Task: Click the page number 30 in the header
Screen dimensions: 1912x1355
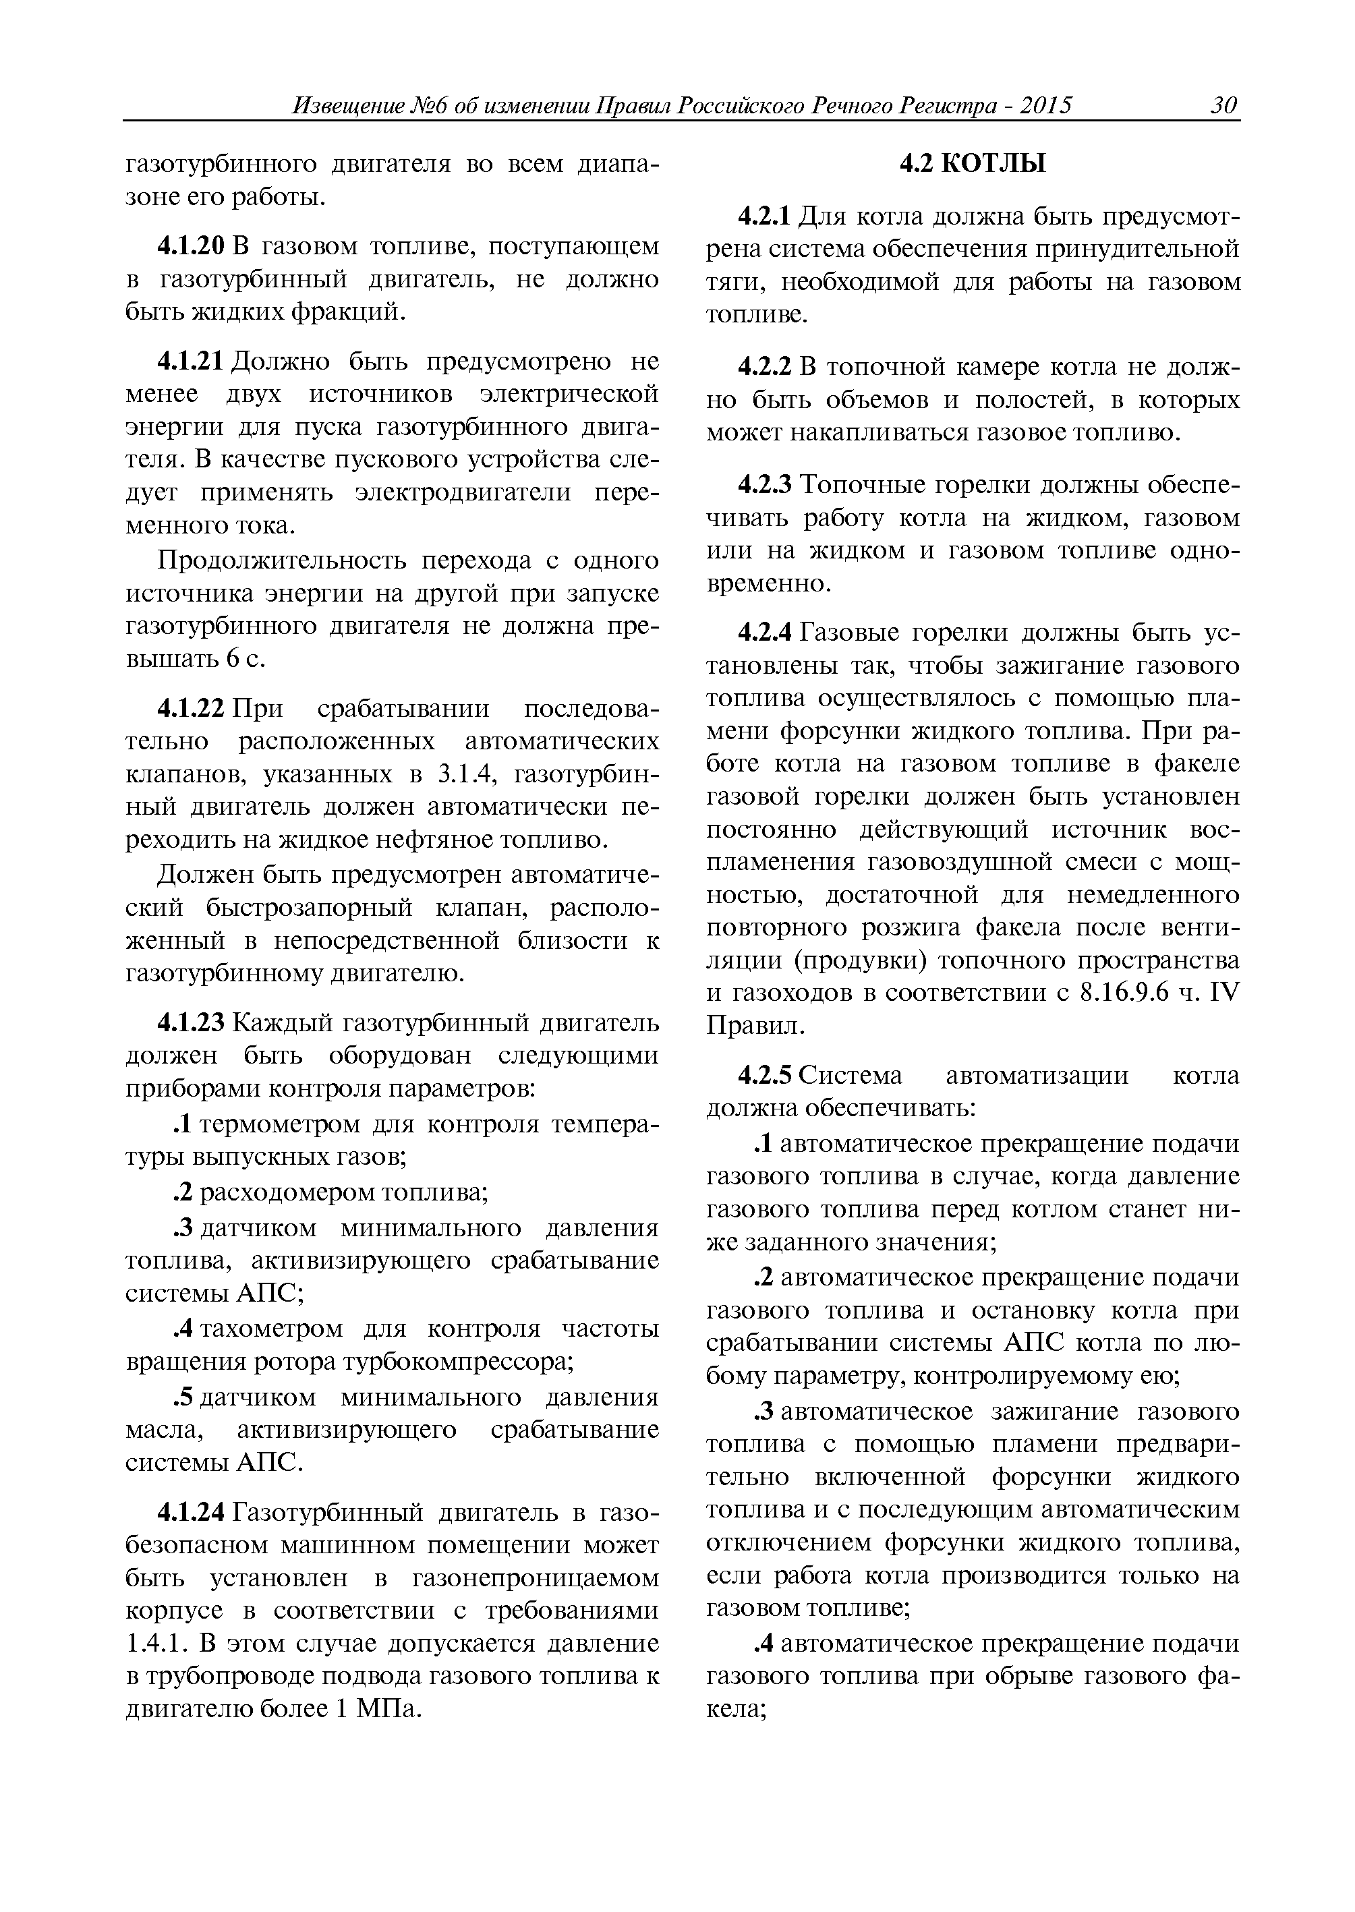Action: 1224,106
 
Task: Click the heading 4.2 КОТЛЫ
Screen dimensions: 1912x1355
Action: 972,165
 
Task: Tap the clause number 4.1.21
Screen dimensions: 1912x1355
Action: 191,361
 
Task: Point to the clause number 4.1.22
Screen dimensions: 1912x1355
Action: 191,709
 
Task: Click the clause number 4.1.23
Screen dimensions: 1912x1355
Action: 191,1022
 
